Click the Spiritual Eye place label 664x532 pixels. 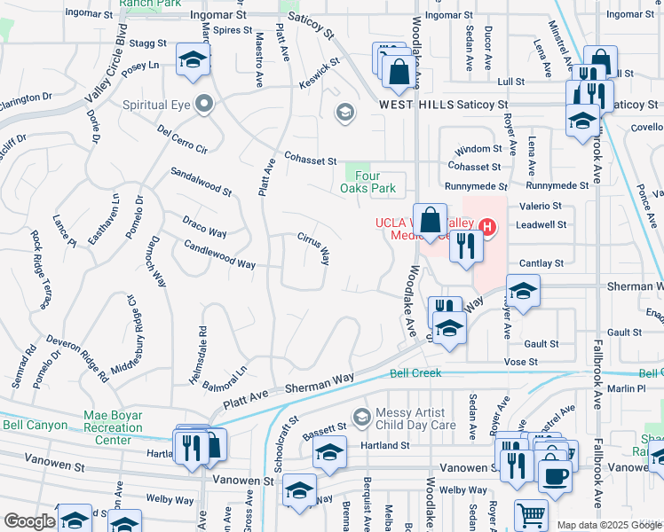158,105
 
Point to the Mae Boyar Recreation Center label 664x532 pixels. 113,427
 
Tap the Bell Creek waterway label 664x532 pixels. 415,373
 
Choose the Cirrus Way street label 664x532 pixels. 313,249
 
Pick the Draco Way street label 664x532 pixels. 204,226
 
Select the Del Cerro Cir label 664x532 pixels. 182,139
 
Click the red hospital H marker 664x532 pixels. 486,228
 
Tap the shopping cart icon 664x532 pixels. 531,513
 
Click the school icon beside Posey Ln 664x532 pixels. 191,59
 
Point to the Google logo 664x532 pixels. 29,521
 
